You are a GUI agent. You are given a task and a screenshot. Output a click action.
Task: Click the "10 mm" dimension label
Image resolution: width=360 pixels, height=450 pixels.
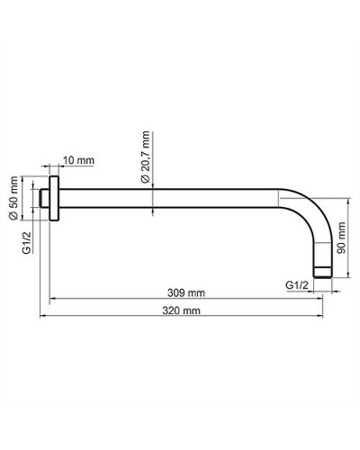79,160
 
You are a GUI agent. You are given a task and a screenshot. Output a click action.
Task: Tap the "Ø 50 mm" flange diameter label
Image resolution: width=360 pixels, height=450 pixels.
13,198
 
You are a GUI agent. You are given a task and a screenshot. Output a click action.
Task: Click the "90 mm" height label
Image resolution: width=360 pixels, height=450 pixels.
341,238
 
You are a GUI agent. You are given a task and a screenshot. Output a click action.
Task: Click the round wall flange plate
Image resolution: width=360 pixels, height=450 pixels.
56,198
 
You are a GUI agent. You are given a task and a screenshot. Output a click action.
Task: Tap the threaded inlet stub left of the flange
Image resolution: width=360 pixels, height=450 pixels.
46,198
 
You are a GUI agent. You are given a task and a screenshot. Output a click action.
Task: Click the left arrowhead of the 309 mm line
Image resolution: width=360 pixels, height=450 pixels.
52,299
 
